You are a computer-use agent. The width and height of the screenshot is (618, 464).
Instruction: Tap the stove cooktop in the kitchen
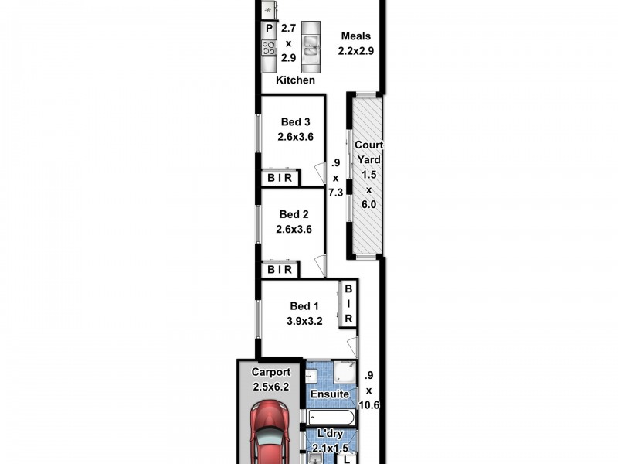269,49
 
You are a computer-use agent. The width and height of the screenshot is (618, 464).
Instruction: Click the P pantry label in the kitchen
269,29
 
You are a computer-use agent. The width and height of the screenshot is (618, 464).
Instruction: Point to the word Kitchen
296,80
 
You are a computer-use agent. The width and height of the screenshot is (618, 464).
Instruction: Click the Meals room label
356,36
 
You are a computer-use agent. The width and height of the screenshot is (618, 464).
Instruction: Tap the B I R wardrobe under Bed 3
280,178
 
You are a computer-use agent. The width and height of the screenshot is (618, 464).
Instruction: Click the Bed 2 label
294,214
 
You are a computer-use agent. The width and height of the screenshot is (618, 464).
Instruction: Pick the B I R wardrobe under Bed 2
280,270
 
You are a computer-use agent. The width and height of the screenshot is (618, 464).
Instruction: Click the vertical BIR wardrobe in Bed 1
348,303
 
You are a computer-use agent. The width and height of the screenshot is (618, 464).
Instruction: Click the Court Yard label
368,152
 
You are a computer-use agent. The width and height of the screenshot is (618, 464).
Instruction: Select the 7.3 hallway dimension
335,193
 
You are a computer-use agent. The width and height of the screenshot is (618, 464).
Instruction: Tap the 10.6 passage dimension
373,403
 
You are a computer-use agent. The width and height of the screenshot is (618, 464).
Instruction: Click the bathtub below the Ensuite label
329,418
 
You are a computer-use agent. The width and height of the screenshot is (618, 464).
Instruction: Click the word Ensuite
329,395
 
